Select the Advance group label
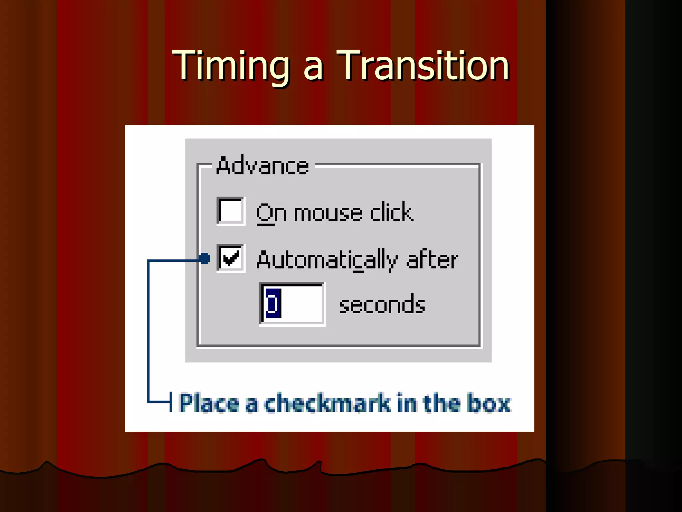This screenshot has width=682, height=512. point(262,166)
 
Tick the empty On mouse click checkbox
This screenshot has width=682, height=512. point(230,211)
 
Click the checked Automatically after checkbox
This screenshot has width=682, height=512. point(230,258)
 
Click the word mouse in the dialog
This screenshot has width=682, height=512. point(328,213)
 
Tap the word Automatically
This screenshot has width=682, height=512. point(327,260)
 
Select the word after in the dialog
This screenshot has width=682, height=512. point(432,260)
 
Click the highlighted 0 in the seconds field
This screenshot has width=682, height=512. point(273,304)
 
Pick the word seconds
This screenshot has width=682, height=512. point(382,305)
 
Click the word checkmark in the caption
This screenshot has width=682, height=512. point(328,403)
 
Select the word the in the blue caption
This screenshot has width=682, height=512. point(441,403)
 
